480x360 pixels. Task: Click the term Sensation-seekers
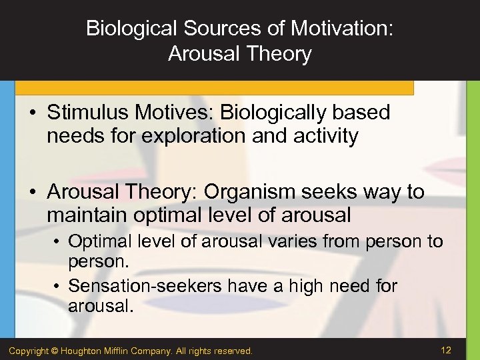145,286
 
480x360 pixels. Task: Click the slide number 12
445,349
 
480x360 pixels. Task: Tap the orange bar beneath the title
213,88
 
